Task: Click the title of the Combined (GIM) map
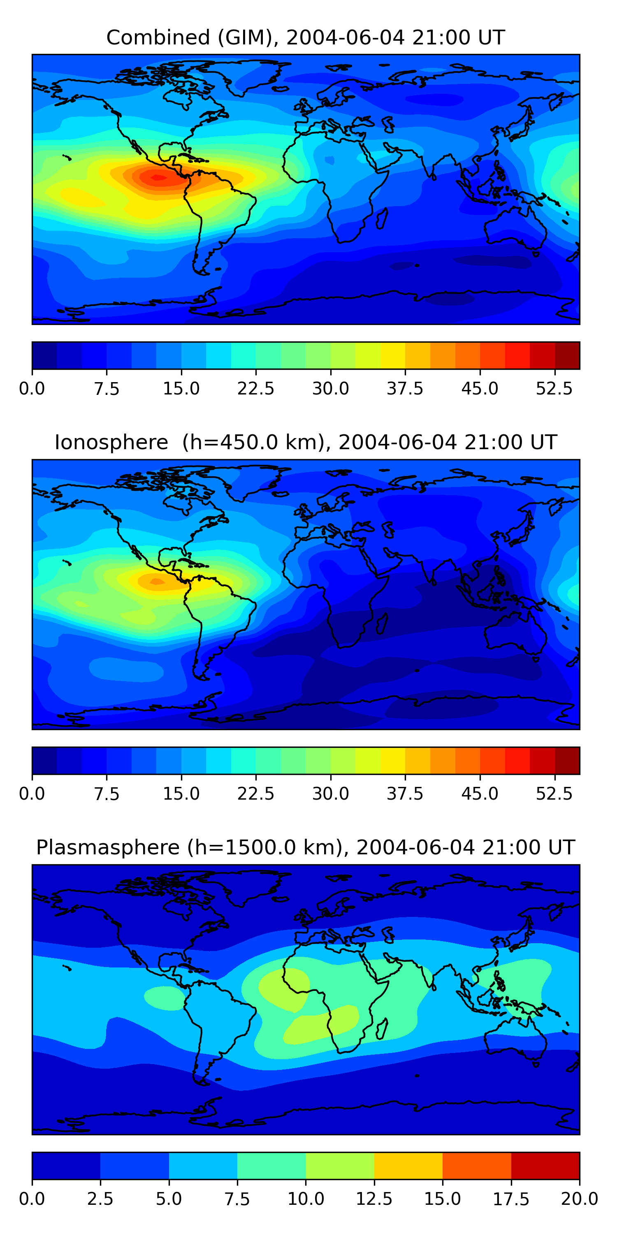point(306,37)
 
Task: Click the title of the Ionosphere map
point(306,442)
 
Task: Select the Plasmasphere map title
point(306,847)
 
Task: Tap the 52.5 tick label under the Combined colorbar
point(554,388)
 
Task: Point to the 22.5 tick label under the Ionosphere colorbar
point(256,794)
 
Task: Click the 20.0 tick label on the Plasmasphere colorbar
point(579,1199)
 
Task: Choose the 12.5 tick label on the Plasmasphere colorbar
point(374,1199)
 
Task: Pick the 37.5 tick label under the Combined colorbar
point(405,388)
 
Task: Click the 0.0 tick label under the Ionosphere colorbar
point(32,794)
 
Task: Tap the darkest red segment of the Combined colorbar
point(567,355)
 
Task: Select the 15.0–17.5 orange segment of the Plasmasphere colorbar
point(477,1165)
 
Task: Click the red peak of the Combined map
point(158,178)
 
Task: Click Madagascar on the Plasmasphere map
point(382,1028)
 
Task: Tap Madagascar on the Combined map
point(382,218)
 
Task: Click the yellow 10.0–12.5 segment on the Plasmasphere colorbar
point(340,1165)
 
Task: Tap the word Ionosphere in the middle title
point(111,442)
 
